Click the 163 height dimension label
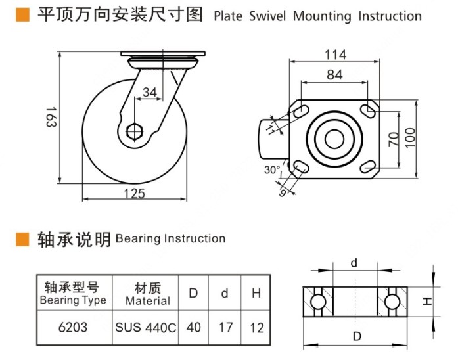click(x=51, y=118)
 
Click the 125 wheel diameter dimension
click(x=133, y=193)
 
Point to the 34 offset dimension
click(x=150, y=93)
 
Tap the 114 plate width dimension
click(x=335, y=55)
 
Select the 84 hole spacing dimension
click(x=334, y=75)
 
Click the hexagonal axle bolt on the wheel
click(x=135, y=131)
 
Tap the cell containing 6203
click(x=72, y=326)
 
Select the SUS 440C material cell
click(x=146, y=326)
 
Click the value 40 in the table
click(x=193, y=326)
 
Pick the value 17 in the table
click(x=225, y=326)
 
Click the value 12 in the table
click(x=256, y=326)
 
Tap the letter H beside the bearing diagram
click(x=426, y=301)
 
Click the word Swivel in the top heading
click(x=267, y=16)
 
